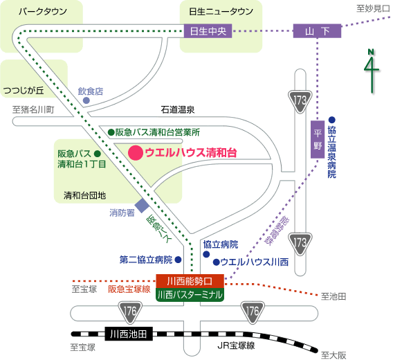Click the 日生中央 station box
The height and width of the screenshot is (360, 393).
point(208,31)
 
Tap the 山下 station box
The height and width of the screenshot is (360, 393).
point(317,31)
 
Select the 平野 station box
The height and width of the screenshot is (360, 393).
point(318,139)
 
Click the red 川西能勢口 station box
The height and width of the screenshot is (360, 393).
point(190,281)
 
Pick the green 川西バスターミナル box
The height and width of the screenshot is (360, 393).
point(190,295)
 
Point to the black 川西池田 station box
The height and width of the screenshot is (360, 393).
point(129,334)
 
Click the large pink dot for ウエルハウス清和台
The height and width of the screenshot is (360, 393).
point(136,152)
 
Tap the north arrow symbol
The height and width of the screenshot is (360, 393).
point(372,71)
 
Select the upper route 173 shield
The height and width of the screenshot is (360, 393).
point(300,102)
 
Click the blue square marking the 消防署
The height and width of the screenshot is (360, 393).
point(142,206)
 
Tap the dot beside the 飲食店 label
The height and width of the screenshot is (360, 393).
point(86,100)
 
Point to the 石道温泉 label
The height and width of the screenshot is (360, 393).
point(178,109)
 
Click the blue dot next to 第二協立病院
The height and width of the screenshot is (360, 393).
point(178,260)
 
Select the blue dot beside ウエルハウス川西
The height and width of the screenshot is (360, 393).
point(217,262)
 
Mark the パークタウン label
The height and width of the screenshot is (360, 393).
point(43,11)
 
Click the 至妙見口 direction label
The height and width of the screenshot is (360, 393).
point(373,9)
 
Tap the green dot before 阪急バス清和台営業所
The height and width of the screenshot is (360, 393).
point(111,132)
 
